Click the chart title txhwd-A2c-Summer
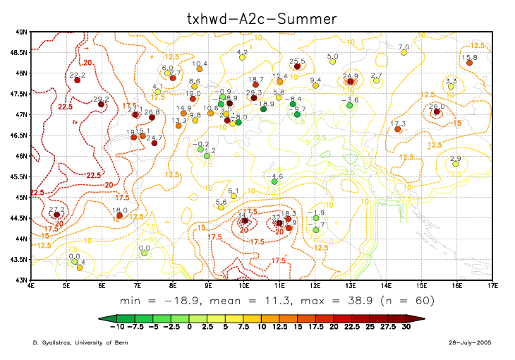pyautogui.click(x=257, y=16)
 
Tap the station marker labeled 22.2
pyautogui.click(x=78, y=80)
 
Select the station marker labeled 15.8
pyautogui.click(x=469, y=63)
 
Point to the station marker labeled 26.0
pyautogui.click(x=437, y=112)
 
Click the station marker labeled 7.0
pyautogui.click(x=404, y=52)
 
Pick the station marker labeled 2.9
pyautogui.click(x=456, y=164)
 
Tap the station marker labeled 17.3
pyautogui.click(x=398, y=129)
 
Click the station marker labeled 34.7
pyautogui.click(x=245, y=220)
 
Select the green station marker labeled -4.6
pyautogui.click(x=274, y=181)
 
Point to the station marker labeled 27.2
pyautogui.click(x=57, y=215)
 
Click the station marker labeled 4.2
pyautogui.click(x=242, y=57)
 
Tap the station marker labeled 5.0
pyautogui.click(x=333, y=61)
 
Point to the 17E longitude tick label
pyautogui.click(x=492, y=286)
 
